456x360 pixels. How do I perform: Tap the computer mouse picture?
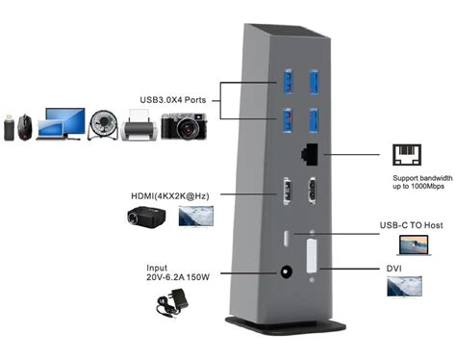(x=26, y=126)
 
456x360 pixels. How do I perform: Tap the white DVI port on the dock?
(x=312, y=261)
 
